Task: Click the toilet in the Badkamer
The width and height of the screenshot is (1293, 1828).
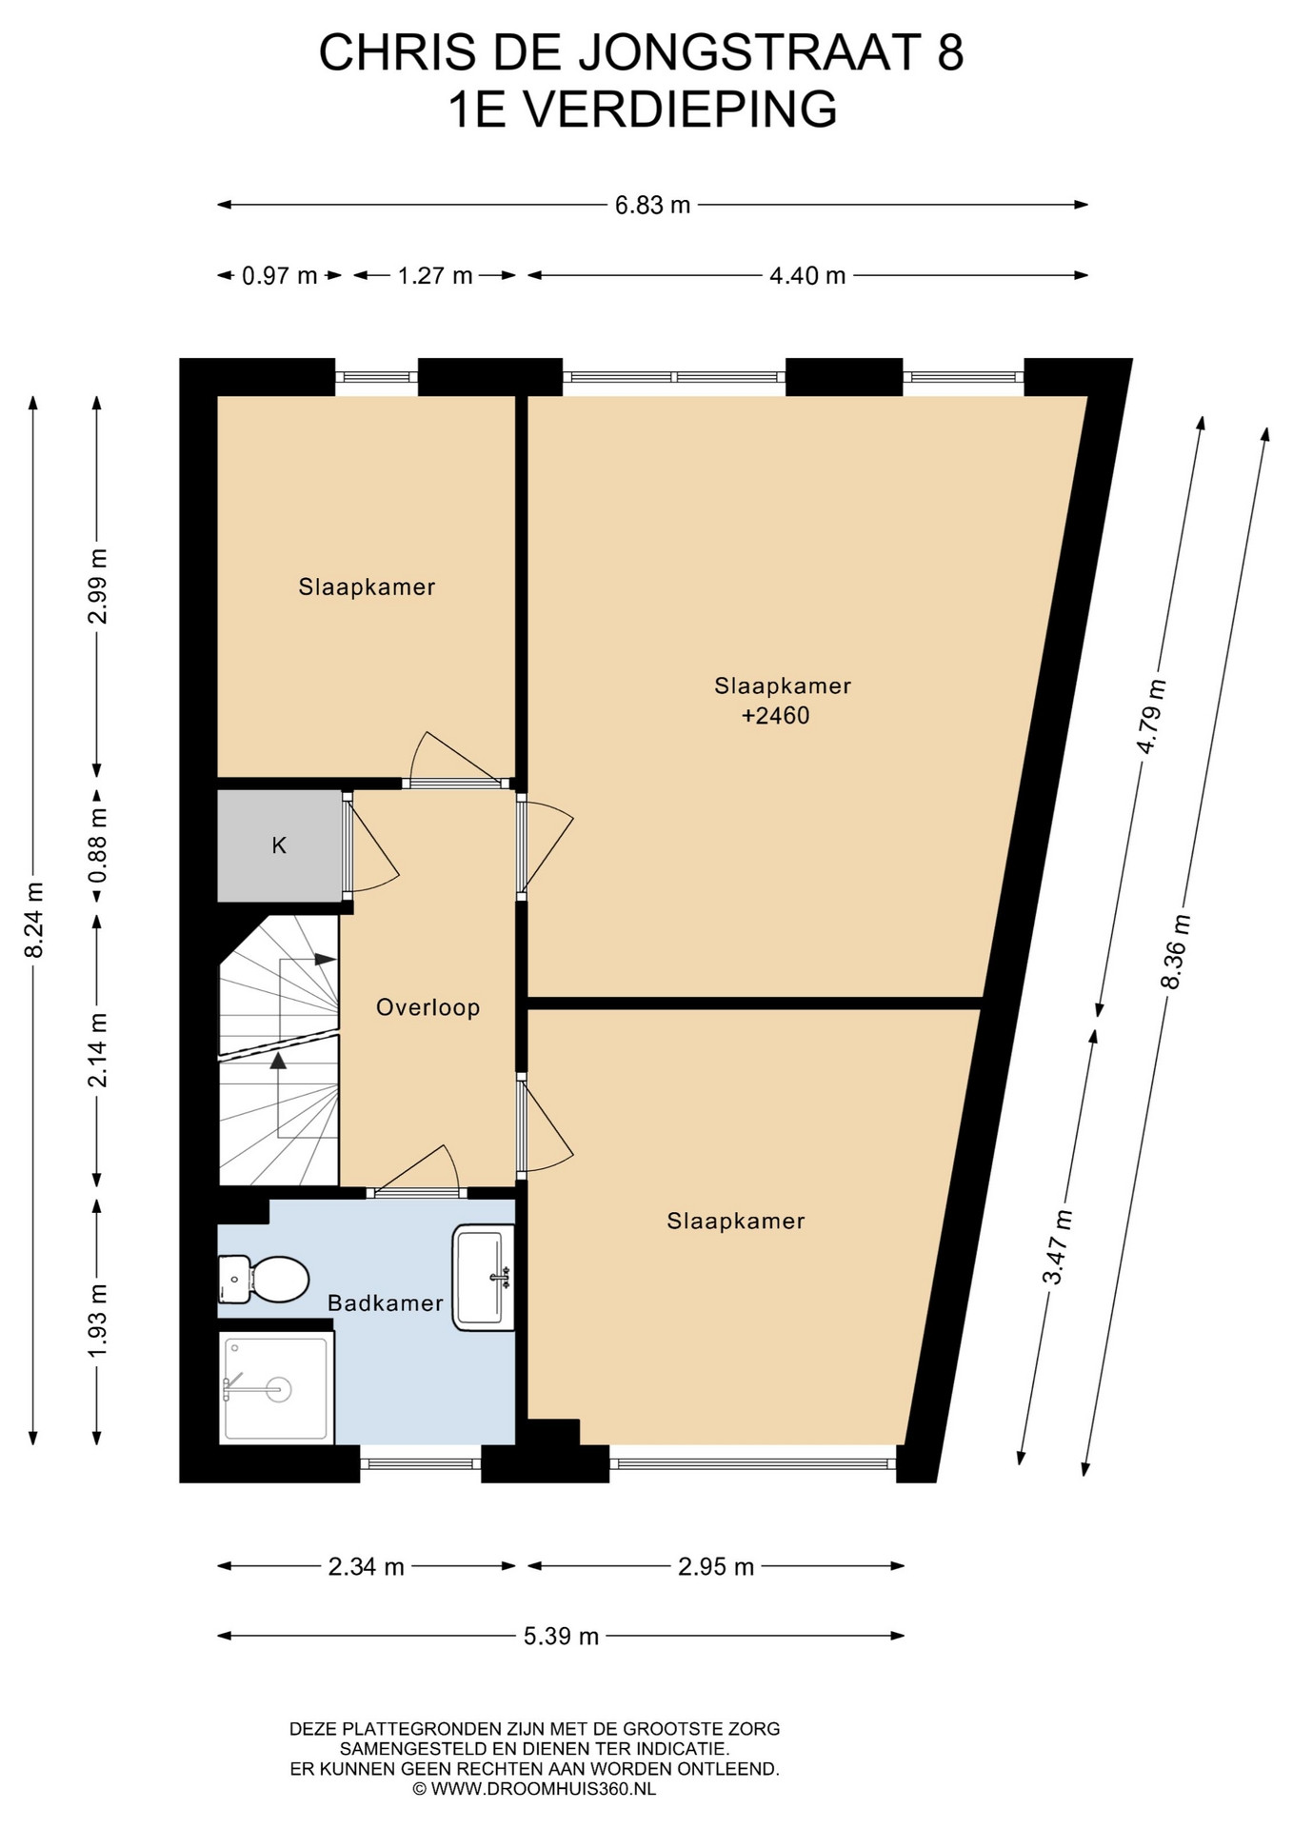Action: pos(263,1279)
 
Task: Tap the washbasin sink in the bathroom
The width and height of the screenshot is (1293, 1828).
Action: pos(484,1277)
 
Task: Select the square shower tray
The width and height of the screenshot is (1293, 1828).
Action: pos(277,1387)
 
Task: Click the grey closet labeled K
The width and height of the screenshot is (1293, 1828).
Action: pos(279,845)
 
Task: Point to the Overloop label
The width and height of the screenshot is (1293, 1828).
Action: pos(428,1007)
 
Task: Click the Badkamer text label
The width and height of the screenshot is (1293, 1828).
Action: pos(386,1302)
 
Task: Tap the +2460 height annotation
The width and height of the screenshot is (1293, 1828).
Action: pos(776,715)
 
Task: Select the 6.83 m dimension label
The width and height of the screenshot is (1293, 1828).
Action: pos(652,205)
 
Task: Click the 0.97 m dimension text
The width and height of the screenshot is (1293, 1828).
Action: pos(279,276)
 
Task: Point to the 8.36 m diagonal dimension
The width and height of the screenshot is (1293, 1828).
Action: pos(1177,951)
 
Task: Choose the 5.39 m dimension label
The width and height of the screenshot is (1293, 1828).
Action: pos(561,1636)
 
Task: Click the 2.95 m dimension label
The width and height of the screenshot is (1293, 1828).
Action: pos(716,1566)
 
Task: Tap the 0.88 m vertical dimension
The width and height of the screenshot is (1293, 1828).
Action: pos(97,845)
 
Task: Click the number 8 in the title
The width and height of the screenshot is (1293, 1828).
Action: pos(949,52)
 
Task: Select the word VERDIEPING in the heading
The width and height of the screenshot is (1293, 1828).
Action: pos(682,109)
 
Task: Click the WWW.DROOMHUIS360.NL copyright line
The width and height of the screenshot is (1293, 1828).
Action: pos(534,1789)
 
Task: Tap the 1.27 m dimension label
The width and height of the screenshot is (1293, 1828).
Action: pos(435,276)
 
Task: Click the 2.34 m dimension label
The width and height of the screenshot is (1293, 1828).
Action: pos(367,1566)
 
